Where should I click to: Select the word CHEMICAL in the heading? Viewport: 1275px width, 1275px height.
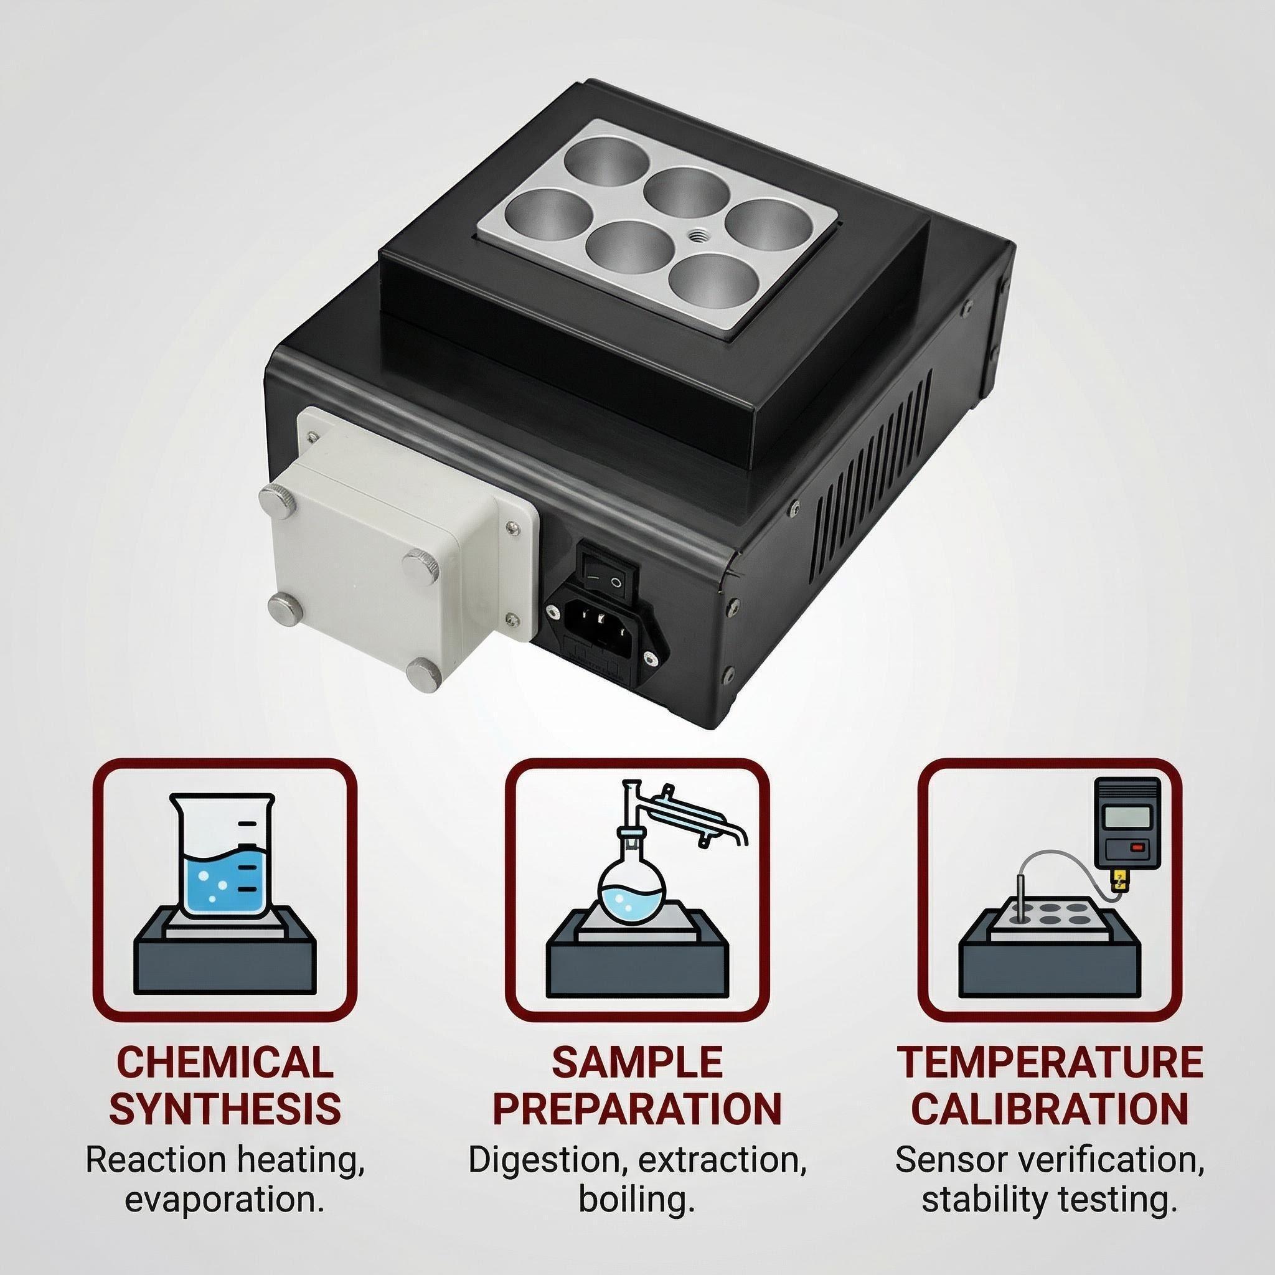click(224, 1080)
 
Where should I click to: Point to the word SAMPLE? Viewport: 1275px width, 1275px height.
click(637, 1080)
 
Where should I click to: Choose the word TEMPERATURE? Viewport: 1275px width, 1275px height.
click(1049, 1080)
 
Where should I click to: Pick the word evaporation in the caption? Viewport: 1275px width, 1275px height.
click(224, 1220)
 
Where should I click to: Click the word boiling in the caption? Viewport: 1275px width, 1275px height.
click(637, 1220)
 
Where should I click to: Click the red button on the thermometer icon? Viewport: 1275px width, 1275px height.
click(1136, 846)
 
